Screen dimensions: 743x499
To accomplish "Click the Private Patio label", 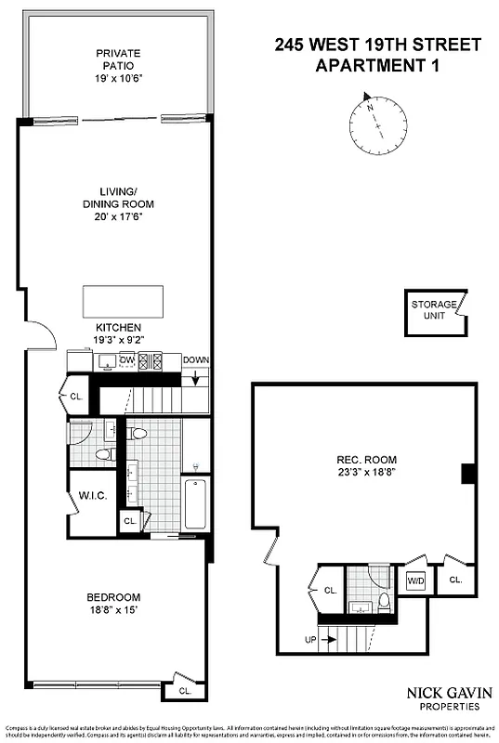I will [117, 59].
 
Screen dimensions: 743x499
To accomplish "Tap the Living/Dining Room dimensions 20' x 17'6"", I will [117, 216].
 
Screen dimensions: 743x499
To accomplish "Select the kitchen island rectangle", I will [123, 301].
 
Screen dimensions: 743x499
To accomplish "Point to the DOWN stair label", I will [196, 360].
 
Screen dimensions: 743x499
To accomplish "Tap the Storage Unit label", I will [434, 309].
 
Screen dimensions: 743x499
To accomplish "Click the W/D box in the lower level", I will [415, 580].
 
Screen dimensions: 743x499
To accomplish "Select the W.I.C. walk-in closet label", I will [92, 496].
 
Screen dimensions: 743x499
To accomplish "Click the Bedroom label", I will [113, 596].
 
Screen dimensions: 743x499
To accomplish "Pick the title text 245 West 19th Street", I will [377, 45].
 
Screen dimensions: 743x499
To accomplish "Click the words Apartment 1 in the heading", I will [377, 65].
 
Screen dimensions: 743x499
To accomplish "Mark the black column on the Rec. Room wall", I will [468, 474].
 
